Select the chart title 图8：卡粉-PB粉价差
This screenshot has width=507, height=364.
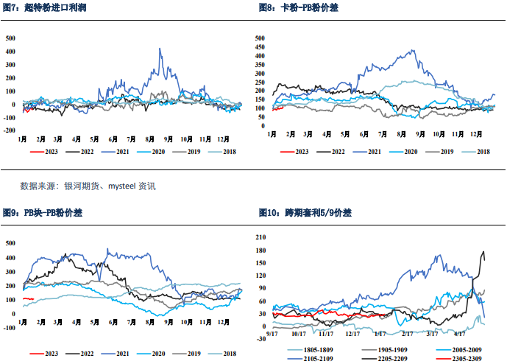[x=303, y=7]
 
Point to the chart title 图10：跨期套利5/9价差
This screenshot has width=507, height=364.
[x=305, y=213]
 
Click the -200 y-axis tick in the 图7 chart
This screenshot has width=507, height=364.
[x=10, y=130]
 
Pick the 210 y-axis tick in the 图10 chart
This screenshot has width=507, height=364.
[x=260, y=237]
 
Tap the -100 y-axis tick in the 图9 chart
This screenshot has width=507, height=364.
[x=10, y=327]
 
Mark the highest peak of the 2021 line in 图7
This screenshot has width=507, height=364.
[x=160, y=49]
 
